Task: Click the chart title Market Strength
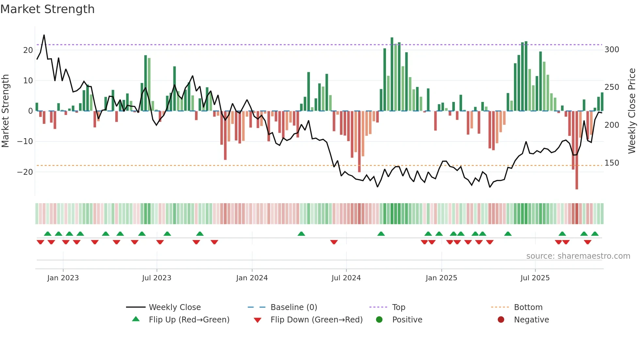(47, 9)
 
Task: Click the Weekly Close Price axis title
(632, 111)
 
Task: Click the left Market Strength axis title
(5, 111)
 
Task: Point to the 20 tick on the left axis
(28, 50)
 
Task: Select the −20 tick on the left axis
(25, 172)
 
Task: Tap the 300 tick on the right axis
(612, 49)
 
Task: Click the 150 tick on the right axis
(612, 163)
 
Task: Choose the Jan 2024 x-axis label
(252, 278)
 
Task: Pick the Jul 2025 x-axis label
(535, 278)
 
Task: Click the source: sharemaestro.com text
(578, 256)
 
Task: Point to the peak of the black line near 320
(44, 35)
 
